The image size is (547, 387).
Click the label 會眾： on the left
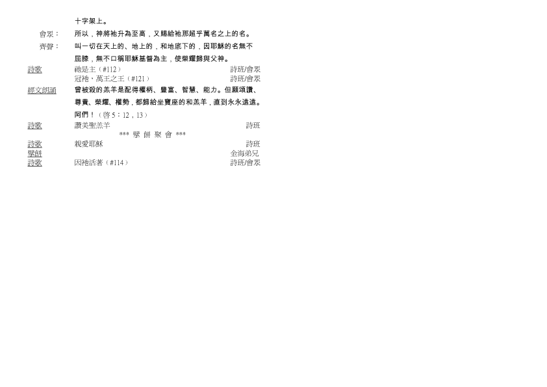[x=49, y=34]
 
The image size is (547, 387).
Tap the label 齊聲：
[x=49, y=46]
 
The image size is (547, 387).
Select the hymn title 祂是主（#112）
[x=98, y=70]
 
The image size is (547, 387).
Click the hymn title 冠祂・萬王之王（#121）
[x=112, y=79]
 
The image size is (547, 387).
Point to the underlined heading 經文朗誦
[x=42, y=90]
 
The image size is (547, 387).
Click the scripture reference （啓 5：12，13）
[x=122, y=115]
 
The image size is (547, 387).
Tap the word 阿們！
[x=84, y=115]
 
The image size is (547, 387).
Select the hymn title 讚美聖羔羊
[x=92, y=126]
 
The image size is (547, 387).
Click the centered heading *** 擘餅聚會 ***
[x=153, y=135]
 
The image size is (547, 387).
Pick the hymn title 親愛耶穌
[x=88, y=144]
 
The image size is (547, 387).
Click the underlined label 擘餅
[x=35, y=153]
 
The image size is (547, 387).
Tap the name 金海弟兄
[x=244, y=153]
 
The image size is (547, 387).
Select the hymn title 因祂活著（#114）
[x=101, y=163]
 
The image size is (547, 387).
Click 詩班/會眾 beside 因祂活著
[x=246, y=163]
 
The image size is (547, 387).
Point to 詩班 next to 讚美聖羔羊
[x=253, y=126]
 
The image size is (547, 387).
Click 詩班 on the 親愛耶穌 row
[x=253, y=144]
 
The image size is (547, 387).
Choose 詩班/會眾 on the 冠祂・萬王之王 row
[x=246, y=79]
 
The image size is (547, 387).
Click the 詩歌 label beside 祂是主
[x=35, y=70]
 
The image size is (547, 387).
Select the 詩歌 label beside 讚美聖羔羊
[x=35, y=126]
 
